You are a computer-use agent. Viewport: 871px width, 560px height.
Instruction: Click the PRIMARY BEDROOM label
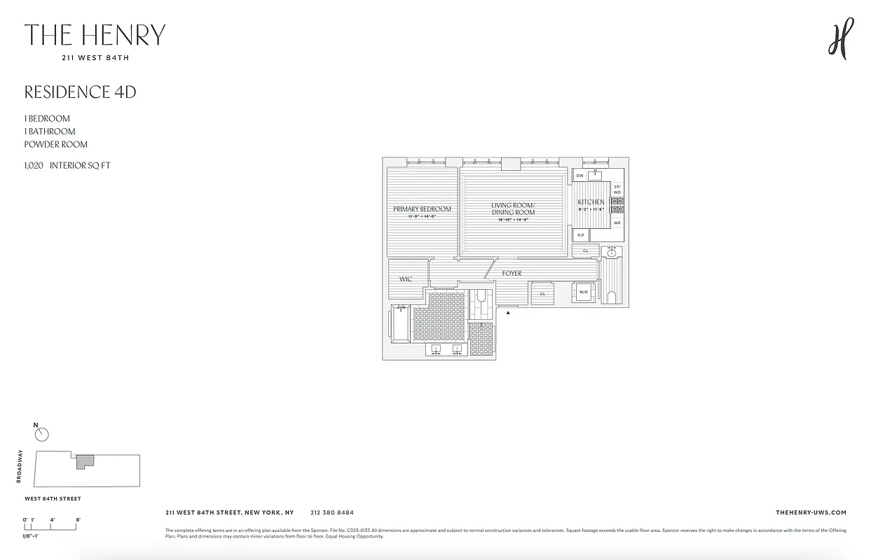click(422, 209)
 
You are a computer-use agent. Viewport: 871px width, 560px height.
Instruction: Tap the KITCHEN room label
click(591, 202)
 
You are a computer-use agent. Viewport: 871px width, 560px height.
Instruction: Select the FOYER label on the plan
click(512, 273)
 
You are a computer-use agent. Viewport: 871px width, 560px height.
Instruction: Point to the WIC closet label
click(406, 279)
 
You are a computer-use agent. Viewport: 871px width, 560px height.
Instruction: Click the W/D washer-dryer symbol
click(584, 293)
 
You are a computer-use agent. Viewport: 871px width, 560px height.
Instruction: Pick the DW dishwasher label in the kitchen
click(580, 175)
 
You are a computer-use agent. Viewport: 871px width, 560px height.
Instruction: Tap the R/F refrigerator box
click(581, 235)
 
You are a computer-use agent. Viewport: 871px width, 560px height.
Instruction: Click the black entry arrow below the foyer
click(508, 313)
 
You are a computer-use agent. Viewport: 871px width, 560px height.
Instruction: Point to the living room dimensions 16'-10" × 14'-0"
click(513, 220)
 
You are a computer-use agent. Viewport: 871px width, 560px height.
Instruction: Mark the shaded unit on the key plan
click(84, 461)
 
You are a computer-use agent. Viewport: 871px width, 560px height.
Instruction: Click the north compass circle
click(42, 435)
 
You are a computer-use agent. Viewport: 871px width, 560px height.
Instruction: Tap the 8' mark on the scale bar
click(78, 519)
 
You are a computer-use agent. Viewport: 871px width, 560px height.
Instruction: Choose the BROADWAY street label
click(20, 466)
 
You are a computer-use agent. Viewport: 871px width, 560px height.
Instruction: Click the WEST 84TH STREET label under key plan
click(53, 499)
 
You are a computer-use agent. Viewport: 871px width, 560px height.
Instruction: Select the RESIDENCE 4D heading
click(80, 92)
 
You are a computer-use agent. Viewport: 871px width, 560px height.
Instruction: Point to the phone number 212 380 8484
click(331, 512)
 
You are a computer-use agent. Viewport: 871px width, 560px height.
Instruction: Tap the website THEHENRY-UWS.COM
click(811, 512)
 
